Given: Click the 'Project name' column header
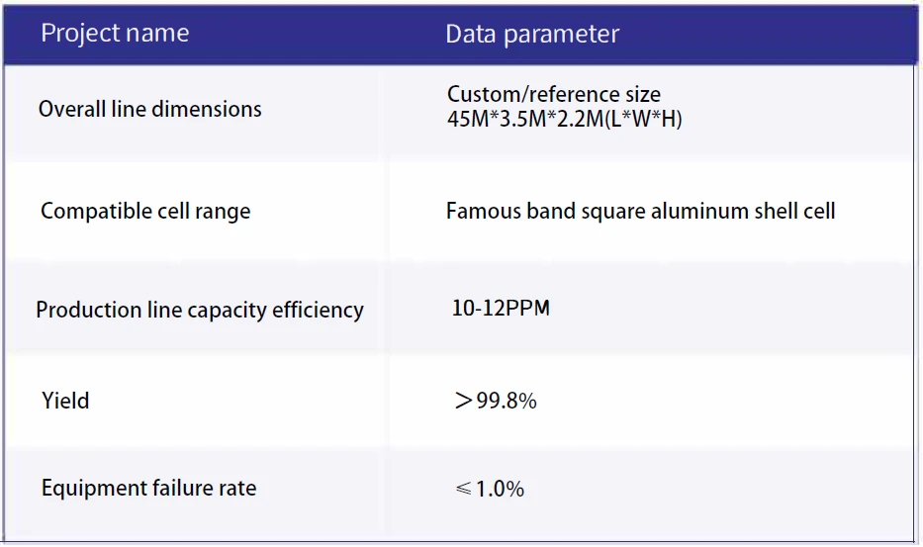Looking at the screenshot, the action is point(115,33).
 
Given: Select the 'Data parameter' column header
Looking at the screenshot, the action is point(532,35).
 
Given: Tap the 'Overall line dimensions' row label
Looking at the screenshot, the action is point(150,109).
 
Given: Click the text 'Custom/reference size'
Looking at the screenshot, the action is point(554,94).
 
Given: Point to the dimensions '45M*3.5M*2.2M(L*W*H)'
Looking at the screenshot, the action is point(565,119).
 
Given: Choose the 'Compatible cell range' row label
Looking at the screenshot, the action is point(145,212).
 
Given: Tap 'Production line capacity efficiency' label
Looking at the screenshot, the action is point(200,311).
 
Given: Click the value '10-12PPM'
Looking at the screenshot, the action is point(501,308).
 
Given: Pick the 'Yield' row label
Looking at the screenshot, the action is point(65,401).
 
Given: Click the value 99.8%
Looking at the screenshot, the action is point(507,401).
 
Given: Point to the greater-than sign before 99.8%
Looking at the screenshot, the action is point(463,401).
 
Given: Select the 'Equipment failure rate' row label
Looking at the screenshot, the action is point(149,488).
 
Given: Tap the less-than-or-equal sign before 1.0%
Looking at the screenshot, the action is point(463,489).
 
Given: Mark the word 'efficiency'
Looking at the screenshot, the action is point(318,311).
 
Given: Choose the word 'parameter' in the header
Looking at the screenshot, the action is point(562,36).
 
